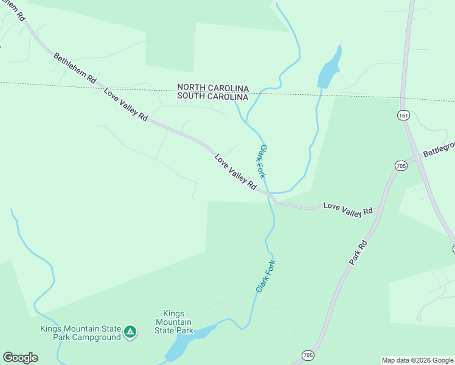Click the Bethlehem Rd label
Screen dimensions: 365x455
click(75, 68)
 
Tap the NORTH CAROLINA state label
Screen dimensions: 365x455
click(213, 88)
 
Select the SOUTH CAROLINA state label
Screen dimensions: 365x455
click(213, 97)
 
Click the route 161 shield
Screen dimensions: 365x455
click(405, 115)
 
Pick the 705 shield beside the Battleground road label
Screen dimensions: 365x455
click(400, 165)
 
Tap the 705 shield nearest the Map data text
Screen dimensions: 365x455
click(308, 355)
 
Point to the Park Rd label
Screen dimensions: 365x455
click(359, 252)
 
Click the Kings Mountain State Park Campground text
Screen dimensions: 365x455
click(80, 333)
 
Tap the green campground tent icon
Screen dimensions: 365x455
click(130, 332)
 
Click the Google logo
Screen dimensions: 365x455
click(20, 358)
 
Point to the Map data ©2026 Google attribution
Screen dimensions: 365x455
click(417, 360)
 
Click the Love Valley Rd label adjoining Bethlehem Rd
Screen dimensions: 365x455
click(126, 105)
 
